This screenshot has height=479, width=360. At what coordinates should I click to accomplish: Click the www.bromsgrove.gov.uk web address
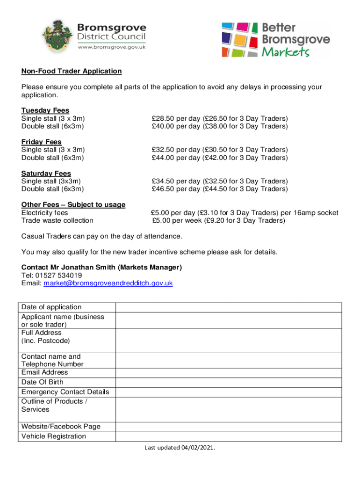tap(112, 48)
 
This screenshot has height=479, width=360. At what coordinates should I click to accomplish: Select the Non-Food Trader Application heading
tap(72, 71)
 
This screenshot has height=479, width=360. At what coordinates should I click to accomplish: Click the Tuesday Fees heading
tap(45, 110)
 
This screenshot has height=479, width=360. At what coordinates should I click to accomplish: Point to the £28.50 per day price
tap(176, 118)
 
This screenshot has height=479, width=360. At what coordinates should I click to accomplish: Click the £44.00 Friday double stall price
tap(176, 158)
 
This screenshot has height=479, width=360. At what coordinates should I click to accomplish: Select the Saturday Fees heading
tap(46, 173)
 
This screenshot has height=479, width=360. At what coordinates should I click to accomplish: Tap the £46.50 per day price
tap(176, 189)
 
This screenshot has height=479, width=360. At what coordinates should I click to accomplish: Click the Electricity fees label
tap(44, 213)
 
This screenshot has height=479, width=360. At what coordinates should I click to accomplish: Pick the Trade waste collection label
tap(57, 220)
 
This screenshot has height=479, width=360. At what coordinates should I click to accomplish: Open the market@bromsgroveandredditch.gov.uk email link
tap(108, 283)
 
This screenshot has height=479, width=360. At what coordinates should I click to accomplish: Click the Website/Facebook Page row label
tap(61, 427)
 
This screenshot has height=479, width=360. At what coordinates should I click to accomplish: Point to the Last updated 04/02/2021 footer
tap(180, 448)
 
